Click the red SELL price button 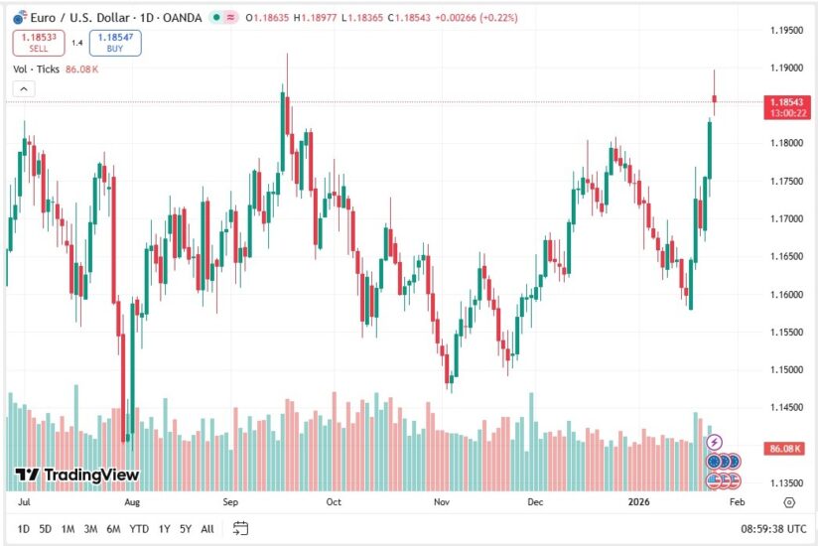[x=39, y=43]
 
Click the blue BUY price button [x=115, y=43]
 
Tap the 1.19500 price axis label [x=787, y=30]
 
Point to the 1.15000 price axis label [x=787, y=369]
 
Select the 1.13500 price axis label [x=787, y=482]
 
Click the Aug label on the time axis [x=131, y=502]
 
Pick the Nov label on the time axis [x=441, y=502]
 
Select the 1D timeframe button [x=24, y=529]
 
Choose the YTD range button [x=140, y=529]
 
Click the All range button [x=206, y=529]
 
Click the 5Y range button [x=186, y=529]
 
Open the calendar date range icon [x=240, y=529]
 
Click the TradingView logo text [x=77, y=476]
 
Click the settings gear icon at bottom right [x=789, y=503]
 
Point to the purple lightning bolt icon [x=714, y=442]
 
